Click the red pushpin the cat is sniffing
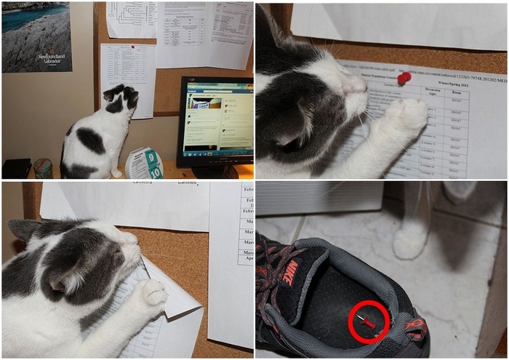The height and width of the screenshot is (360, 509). (404, 76)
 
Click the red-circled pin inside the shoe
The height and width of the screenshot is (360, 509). (368, 321)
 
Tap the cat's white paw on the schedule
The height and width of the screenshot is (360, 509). (407, 116)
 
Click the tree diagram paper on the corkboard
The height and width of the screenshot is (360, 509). (132, 18)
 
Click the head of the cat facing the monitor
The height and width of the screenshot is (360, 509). (121, 98)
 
